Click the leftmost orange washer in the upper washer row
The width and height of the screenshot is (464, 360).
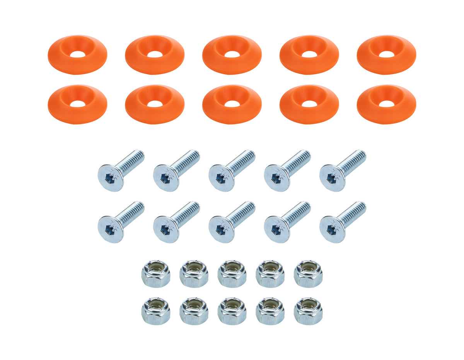(77, 55)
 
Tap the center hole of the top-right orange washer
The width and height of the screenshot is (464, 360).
(386, 54)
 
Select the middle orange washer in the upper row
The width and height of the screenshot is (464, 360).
(232, 55)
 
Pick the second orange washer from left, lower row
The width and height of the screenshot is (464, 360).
(155, 104)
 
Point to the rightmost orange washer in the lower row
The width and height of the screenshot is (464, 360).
(386, 104)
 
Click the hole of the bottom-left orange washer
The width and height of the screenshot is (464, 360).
(78, 104)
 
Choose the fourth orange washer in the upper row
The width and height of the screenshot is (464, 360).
(309, 55)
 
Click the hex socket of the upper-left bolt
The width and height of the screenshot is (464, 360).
(110, 178)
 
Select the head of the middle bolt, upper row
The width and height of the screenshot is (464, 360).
(222, 178)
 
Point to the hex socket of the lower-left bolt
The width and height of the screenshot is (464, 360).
(110, 229)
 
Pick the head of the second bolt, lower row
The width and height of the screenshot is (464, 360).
(166, 229)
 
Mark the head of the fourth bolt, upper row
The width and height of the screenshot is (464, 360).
(277, 178)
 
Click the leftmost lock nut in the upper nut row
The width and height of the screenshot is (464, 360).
(156, 274)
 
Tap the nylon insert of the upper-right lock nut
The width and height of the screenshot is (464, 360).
(308, 267)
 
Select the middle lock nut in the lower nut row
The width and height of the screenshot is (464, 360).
(232, 311)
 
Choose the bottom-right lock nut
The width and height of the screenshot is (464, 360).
(308, 311)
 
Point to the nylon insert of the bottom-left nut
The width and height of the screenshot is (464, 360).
(156, 304)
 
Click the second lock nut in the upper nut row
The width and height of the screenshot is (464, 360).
(194, 274)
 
